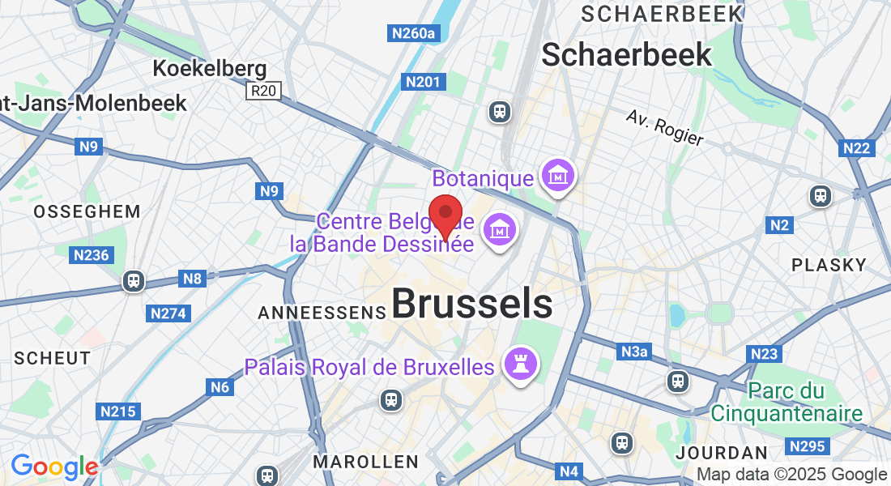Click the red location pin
(x=445, y=214)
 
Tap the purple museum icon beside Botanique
(x=559, y=176)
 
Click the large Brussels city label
(x=472, y=305)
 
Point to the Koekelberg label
(x=210, y=69)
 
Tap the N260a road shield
(x=414, y=33)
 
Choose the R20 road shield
(x=263, y=91)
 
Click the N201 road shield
(x=423, y=82)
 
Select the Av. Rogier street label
(x=665, y=127)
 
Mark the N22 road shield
(x=856, y=147)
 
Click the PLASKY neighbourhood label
(x=829, y=265)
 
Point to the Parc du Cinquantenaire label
(x=787, y=403)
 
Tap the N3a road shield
(x=634, y=352)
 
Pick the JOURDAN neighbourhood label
(x=721, y=452)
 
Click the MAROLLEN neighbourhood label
(x=365, y=462)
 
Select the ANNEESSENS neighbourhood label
(x=322, y=312)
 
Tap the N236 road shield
(x=91, y=255)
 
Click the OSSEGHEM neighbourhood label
(x=87, y=211)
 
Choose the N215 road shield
(x=117, y=411)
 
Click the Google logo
(x=54, y=467)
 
